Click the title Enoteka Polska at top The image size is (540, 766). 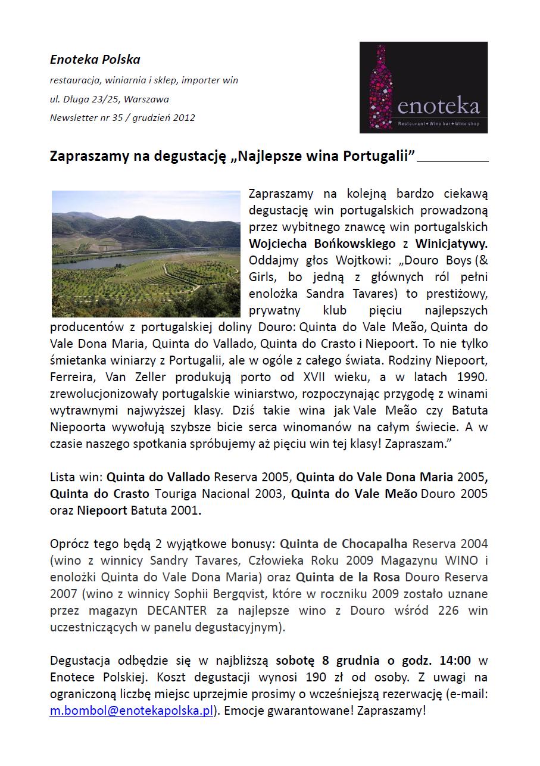coord(95,60)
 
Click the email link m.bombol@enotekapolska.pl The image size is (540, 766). coord(132,711)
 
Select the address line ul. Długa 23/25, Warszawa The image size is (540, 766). coord(110,99)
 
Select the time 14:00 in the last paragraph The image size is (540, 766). coord(455,661)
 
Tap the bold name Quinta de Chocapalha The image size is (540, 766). coord(344,544)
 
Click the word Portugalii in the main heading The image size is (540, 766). coord(379,156)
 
